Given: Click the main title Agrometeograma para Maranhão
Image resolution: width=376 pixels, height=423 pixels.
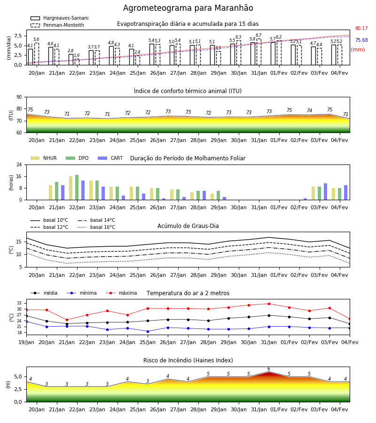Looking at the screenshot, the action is click(188, 8).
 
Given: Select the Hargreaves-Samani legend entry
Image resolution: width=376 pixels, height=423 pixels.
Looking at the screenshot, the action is click(60, 18).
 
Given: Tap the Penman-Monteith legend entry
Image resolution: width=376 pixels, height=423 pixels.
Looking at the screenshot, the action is click(57, 25).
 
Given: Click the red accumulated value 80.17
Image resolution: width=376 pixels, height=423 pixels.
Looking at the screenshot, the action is click(361, 28).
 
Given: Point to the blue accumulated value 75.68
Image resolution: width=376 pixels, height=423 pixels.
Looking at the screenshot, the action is click(361, 40).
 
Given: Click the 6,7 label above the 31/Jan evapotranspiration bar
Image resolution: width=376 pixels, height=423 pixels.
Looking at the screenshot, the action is click(258, 35).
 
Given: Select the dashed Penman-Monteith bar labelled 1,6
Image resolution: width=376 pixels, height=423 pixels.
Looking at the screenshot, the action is click(77, 62).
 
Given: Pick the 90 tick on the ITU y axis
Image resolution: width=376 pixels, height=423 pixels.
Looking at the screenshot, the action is click(19, 97).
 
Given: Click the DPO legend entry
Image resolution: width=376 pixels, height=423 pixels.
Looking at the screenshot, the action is click(77, 158).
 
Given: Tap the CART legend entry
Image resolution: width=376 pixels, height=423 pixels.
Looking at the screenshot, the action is click(110, 158).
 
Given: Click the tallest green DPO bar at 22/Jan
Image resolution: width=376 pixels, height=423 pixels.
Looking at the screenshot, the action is click(77, 188).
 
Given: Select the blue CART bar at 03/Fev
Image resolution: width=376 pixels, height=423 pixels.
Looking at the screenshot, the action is click(326, 192).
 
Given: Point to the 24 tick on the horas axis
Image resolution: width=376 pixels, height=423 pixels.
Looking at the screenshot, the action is click(19, 164).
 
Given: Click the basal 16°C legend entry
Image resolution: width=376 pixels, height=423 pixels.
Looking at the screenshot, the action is click(96, 227).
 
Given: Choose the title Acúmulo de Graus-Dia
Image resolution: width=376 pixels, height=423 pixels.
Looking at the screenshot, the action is click(188, 226).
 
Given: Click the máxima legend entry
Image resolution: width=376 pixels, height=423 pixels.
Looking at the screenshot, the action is click(121, 293).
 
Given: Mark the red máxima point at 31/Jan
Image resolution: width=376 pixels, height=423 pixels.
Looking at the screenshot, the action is click(269, 304).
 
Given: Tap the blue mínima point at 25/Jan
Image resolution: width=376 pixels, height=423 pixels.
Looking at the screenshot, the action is click(148, 331).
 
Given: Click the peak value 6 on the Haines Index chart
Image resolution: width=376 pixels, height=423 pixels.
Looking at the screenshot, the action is click(269, 369).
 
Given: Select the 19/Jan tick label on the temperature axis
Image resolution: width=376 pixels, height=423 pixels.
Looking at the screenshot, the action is click(26, 342).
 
